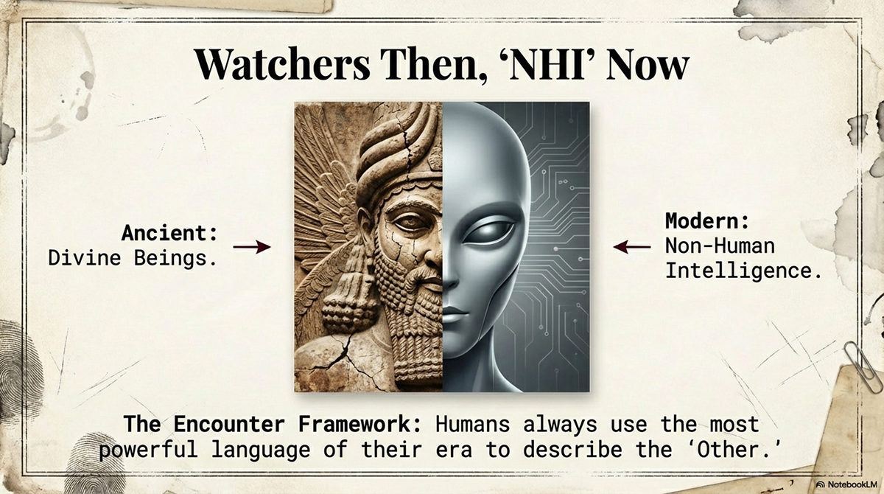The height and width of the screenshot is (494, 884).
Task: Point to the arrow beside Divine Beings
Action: (x=252, y=247)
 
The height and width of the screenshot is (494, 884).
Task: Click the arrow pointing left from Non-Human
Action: (x=632, y=247)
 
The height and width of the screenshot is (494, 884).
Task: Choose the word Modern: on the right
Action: (x=707, y=221)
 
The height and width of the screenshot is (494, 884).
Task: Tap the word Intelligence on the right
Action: (x=743, y=271)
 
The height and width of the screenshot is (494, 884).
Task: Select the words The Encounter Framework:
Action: (x=276, y=425)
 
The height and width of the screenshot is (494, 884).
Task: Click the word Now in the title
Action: (x=649, y=65)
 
